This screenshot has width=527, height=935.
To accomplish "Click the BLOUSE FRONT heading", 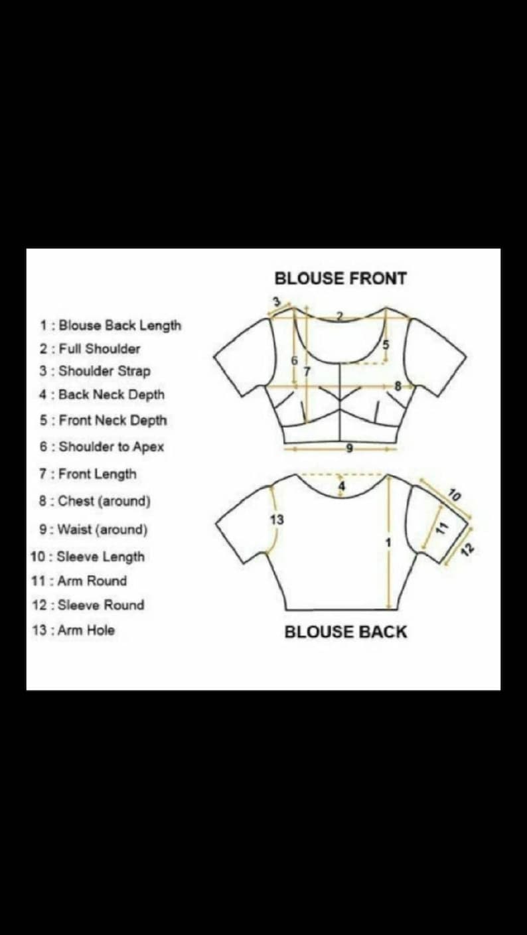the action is pos(340,279).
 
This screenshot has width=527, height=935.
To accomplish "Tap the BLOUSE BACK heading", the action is pos(345,632).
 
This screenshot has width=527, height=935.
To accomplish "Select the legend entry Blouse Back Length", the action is pos(111,325).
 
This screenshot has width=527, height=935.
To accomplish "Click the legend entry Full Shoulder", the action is pos(90,348).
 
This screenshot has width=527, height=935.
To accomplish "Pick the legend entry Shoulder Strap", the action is pos(95,371).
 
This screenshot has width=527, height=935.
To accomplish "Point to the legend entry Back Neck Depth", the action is pos(102,394).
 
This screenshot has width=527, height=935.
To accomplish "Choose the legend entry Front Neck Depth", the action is pos(103,420).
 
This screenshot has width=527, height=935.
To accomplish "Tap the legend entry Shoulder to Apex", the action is pos(102,447).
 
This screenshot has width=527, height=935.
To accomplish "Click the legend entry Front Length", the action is pos(88,474).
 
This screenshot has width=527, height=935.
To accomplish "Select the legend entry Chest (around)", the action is pos(94,501).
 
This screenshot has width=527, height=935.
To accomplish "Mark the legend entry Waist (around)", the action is pos(93,530).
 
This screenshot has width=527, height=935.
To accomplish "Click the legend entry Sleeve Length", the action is pos(88,557).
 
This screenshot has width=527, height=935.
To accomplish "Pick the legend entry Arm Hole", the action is pos(73,630).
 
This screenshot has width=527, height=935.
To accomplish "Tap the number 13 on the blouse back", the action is pos(277,520).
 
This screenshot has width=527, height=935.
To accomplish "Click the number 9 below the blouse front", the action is pos(350,449).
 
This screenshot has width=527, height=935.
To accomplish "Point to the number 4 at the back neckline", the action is pos(342,486).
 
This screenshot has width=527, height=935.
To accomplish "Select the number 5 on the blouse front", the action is pos(386,345).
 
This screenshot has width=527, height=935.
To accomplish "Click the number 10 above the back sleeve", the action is pos(455,494).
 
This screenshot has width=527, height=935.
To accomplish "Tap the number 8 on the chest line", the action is pos(398,386).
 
